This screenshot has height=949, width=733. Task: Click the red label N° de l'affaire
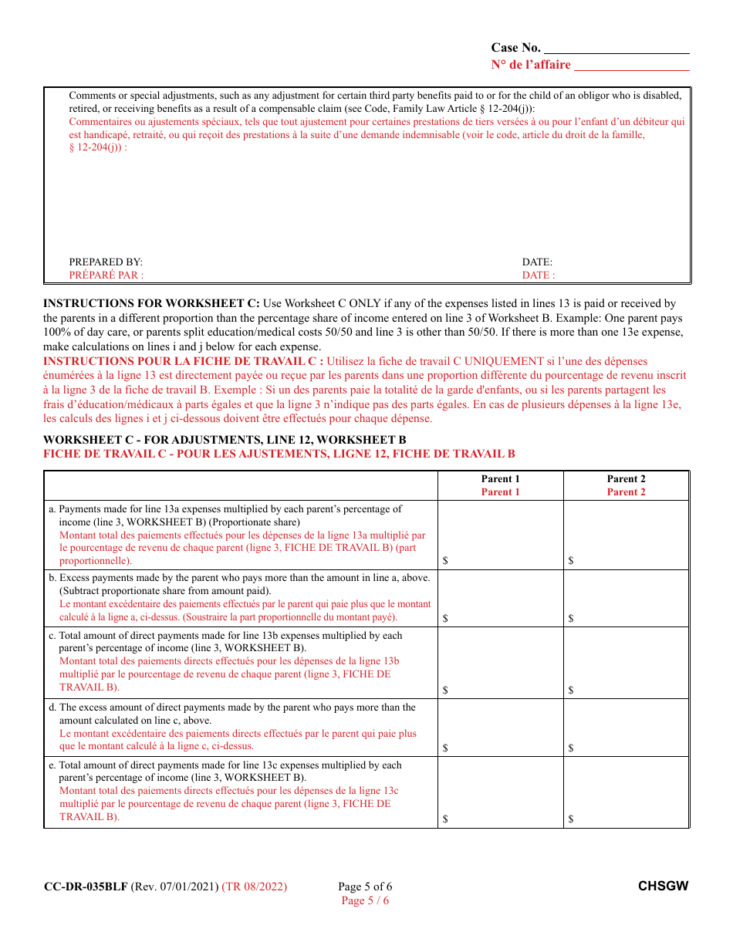tap(531, 65)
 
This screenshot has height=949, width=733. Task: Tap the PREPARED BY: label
tap(106, 262)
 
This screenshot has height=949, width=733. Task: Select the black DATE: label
tap(537, 262)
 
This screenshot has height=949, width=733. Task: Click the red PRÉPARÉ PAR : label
tap(106, 275)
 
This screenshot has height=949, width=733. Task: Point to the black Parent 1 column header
tap(500, 479)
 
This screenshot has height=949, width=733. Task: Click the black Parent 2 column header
tap(626, 479)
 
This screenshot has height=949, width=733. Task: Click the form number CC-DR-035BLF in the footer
tap(86, 887)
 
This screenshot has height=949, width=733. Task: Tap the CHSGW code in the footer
tap(663, 887)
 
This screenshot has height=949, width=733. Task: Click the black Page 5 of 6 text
tap(365, 887)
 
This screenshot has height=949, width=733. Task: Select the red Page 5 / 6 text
tap(365, 900)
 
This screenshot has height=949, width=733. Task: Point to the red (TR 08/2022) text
tap(254, 887)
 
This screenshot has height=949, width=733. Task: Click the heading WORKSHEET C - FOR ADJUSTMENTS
tap(225, 440)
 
